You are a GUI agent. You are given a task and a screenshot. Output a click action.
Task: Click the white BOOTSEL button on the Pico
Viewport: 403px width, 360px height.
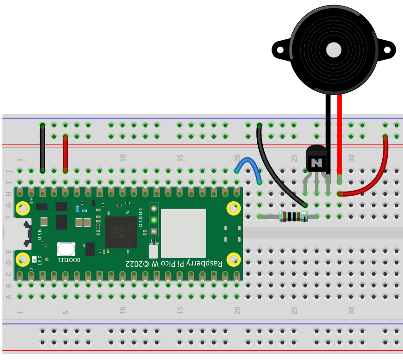click(x=66, y=249)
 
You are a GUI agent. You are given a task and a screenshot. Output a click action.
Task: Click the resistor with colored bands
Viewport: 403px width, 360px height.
click(x=293, y=216)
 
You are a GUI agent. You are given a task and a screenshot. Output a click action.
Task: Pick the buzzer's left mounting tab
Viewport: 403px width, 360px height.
click(x=279, y=49)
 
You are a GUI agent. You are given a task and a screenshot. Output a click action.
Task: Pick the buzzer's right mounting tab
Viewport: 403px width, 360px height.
click(x=388, y=49)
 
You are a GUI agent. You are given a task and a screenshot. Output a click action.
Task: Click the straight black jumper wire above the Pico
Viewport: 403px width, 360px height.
click(x=42, y=148)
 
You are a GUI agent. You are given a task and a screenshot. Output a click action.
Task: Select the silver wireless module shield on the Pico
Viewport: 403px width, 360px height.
click(x=183, y=233)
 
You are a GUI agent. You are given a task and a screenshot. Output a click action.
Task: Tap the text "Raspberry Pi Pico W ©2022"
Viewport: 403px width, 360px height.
click(x=174, y=263)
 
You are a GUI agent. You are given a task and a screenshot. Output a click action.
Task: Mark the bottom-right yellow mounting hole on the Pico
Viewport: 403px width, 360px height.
click(x=234, y=259)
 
